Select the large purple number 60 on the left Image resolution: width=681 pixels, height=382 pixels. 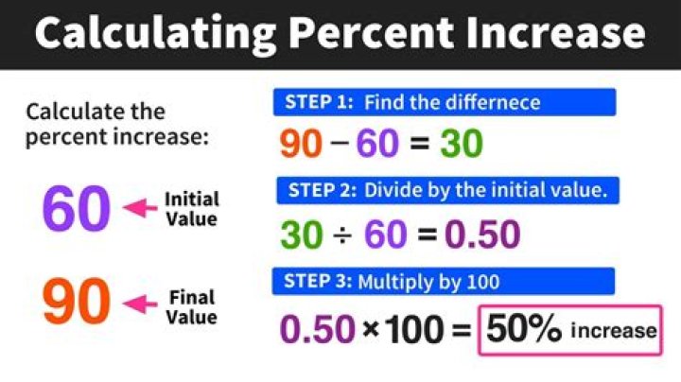[77, 209]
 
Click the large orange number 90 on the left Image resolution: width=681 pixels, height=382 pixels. [77, 304]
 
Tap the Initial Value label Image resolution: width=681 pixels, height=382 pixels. [191, 209]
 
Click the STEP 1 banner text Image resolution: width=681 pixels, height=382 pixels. [444, 102]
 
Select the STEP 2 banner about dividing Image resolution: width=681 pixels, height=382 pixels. [448, 190]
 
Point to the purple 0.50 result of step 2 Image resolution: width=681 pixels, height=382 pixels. [481, 234]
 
